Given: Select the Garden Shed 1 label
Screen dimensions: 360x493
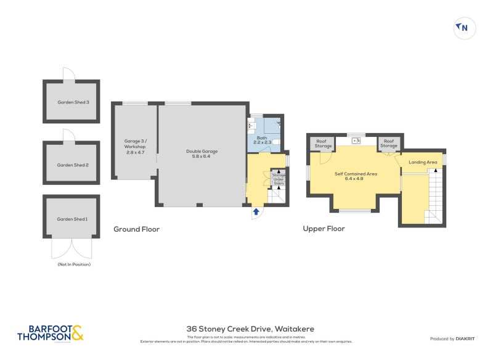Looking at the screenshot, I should coord(73,219).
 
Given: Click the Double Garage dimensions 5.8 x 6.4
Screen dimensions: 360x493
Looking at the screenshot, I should coord(202,156).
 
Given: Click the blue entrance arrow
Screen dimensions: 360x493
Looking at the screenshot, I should coord(256,212).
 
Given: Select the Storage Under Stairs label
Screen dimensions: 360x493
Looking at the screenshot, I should coord(279,179).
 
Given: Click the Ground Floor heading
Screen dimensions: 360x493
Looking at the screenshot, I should coord(136,229).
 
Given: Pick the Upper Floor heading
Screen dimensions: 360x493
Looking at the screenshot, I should coord(324,229).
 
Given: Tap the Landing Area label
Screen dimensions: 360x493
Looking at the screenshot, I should coord(423,162).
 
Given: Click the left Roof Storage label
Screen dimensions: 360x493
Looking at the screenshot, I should coord(324,144).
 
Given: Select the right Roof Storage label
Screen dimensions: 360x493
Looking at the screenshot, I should coord(388,144).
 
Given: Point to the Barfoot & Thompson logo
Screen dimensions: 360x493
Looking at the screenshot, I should coord(50,333).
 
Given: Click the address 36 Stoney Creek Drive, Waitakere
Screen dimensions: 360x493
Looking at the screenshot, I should coord(250,329).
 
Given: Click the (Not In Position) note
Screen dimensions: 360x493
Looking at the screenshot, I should coord(73,264).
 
